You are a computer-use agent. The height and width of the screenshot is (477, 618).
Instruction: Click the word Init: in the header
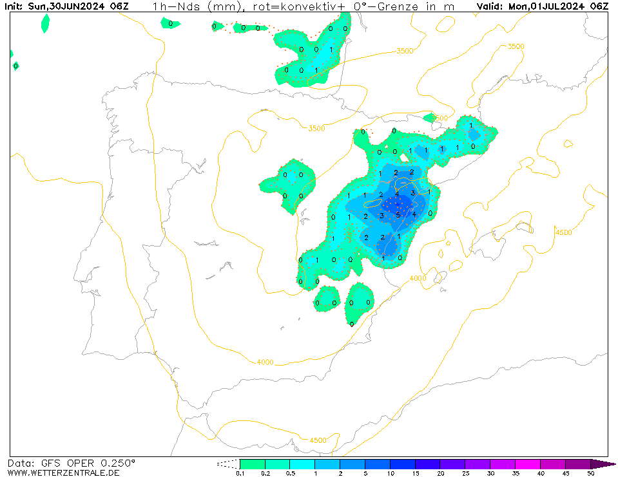[x=14, y=6]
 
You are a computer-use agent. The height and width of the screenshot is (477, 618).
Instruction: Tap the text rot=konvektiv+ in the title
[x=285, y=6]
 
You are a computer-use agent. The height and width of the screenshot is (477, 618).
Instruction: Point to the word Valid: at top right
[x=490, y=6]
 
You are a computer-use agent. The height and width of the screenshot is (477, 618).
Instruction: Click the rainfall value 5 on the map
[x=398, y=215]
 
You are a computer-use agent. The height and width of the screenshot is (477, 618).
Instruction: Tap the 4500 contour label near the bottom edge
[x=317, y=440]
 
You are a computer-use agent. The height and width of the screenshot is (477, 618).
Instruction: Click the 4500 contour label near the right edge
[x=563, y=232]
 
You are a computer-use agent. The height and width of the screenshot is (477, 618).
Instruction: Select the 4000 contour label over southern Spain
[x=265, y=362]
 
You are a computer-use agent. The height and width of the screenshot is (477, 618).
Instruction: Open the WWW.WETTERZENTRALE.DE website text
[x=63, y=473]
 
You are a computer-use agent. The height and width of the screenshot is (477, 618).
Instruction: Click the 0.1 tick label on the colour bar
[x=240, y=474]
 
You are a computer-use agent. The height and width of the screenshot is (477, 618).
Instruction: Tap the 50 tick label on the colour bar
[x=590, y=474]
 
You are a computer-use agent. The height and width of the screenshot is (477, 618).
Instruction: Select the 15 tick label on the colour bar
[x=415, y=474]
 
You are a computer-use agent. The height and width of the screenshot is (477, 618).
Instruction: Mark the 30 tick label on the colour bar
[x=490, y=474]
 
